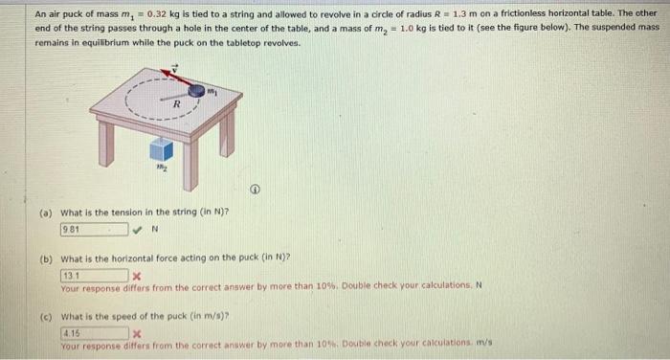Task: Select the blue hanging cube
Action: coord(162,148)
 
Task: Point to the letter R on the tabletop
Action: coord(176,102)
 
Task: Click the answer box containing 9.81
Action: coord(94,230)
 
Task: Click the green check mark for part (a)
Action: coord(139,230)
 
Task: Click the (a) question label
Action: coord(47,213)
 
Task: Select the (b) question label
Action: coord(47,259)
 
